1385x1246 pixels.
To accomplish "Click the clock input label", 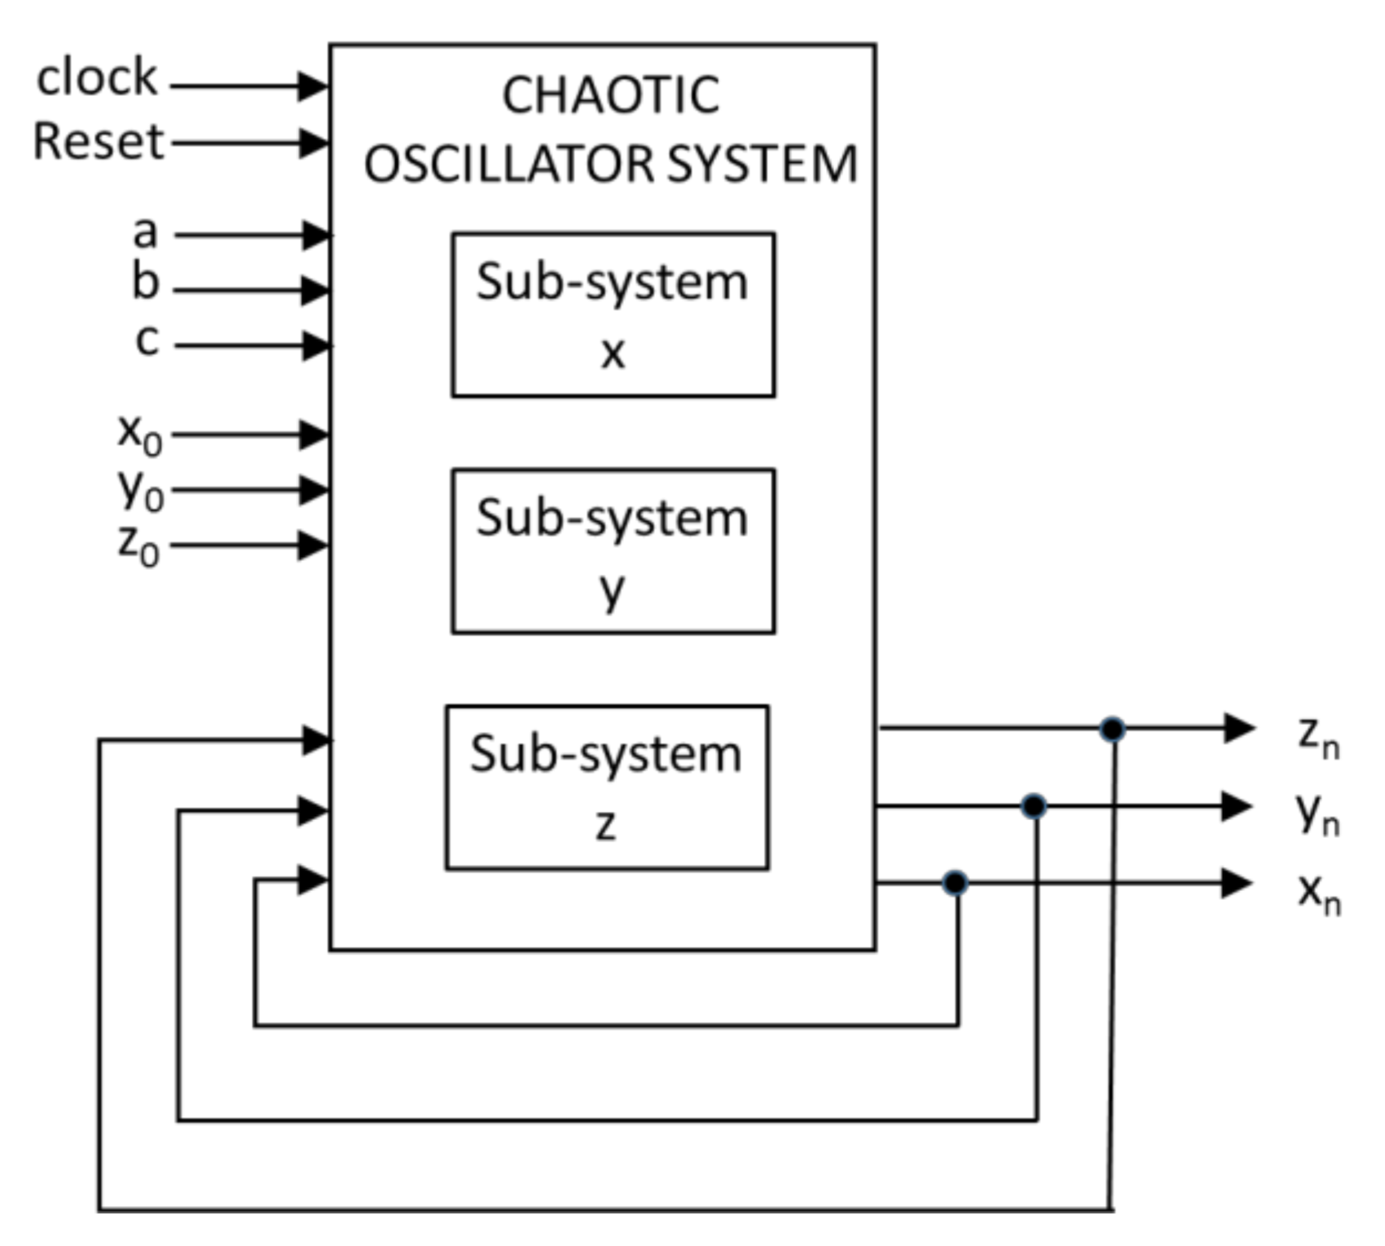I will click(x=97, y=78).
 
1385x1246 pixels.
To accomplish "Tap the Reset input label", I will click(x=99, y=142).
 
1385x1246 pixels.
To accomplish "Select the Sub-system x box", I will click(x=613, y=315).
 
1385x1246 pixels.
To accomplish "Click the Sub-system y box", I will click(x=613, y=551).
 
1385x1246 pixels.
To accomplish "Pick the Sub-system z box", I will click(x=606, y=788).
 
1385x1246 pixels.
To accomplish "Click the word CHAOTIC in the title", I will click(x=610, y=95).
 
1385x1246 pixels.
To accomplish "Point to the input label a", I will click(x=145, y=232).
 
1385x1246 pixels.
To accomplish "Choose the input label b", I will click(x=145, y=283).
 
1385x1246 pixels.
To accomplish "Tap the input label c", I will click(x=147, y=340).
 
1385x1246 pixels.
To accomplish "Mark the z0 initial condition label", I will click(x=138, y=545).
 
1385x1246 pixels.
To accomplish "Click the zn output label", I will click(x=1317, y=737).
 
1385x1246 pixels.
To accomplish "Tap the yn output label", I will click(x=1317, y=814).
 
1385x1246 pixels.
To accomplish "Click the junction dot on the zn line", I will click(x=1112, y=729).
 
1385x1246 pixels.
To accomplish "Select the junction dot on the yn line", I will click(x=1033, y=806).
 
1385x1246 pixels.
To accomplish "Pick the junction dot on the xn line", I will click(x=955, y=883).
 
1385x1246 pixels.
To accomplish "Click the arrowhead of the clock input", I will click(x=313, y=86).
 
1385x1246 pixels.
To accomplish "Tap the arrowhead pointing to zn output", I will click(x=1239, y=728).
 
